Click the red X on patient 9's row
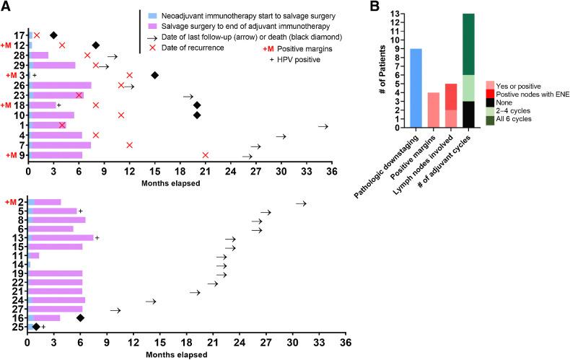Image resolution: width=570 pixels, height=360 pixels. [x=206, y=155]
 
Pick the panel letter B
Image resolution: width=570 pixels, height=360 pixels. [x=373, y=6]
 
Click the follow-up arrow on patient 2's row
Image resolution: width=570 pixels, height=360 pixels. [x=302, y=203]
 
